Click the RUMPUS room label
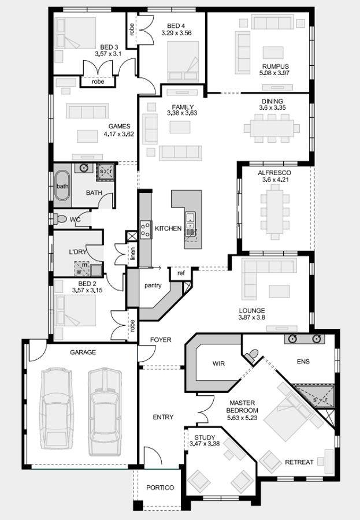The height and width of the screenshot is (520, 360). point(276,66)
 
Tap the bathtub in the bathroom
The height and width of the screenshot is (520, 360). point(62,185)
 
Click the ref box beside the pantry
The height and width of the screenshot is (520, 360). point(181,273)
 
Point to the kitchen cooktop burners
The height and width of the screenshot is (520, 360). point(145,230)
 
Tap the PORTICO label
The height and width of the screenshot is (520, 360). point(160,488)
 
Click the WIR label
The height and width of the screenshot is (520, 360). point(218,363)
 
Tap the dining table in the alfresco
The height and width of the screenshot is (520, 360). point(274,211)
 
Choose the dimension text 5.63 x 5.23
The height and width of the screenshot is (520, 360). point(242,418)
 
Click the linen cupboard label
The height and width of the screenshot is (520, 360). point(132,253)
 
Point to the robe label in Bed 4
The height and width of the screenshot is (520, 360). point(132,29)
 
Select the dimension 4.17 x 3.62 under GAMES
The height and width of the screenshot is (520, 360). point(119,134)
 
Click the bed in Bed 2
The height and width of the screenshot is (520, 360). point(75,310)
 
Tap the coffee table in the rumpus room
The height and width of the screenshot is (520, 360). point(273,53)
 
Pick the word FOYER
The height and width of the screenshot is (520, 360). point(161,340)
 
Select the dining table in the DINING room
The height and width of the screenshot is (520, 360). point(272,128)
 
